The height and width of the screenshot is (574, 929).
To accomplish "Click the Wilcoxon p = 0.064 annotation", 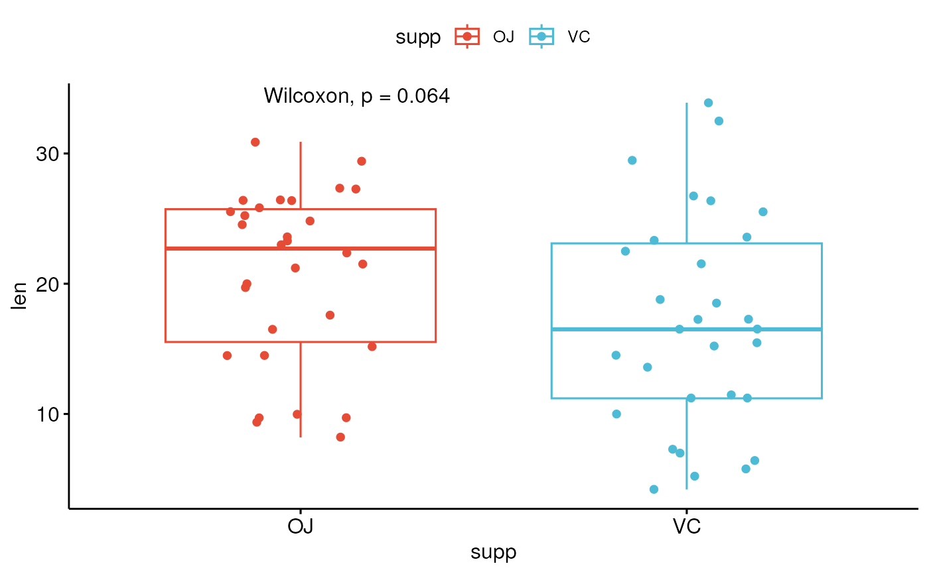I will (357, 97).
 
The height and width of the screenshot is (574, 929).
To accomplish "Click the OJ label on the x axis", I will (301, 528).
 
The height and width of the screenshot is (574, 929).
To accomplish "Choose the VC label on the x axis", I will (687, 528).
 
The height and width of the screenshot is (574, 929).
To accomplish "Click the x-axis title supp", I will (494, 553).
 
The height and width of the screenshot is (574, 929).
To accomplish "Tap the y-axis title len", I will (21, 296).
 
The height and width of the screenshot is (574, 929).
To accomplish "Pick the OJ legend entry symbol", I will (467, 37).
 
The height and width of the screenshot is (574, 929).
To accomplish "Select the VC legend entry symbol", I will (541, 37).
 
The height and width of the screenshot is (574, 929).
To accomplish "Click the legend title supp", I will (418, 38).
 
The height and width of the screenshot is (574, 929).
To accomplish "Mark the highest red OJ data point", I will (255, 143).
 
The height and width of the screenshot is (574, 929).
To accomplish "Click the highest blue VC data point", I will (708, 103).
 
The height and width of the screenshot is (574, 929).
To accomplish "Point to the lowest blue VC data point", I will (654, 489).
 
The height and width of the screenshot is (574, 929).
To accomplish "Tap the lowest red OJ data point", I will (340, 437).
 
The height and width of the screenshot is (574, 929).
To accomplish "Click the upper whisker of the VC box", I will (687, 172).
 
